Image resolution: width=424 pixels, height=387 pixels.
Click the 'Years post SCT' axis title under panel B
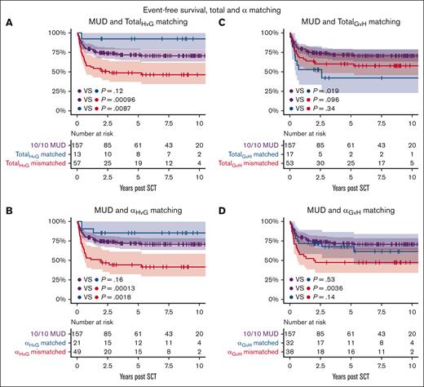point(135,380)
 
